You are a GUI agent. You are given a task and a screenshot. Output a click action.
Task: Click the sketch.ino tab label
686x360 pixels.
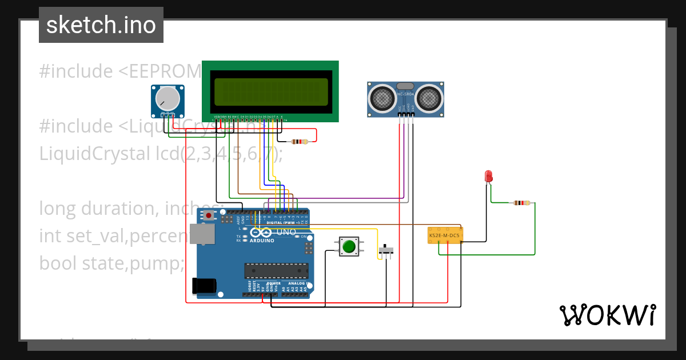click(x=101, y=25)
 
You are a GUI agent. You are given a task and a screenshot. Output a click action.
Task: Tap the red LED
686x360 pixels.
click(x=488, y=176)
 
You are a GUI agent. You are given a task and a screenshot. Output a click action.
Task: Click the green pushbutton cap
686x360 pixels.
click(x=348, y=246)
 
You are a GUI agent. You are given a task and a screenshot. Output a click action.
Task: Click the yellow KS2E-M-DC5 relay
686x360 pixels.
click(x=445, y=235)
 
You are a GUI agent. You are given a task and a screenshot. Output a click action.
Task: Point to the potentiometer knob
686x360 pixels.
click(x=167, y=98)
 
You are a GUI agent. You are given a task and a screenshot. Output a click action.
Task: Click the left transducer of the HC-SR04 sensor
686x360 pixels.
click(x=381, y=98)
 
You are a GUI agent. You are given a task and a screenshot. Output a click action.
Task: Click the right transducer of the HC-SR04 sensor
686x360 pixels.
click(x=428, y=98)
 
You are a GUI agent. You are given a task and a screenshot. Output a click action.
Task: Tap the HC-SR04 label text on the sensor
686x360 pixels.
click(x=405, y=94)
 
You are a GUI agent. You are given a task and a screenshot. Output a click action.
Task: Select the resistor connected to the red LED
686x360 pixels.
click(x=521, y=202)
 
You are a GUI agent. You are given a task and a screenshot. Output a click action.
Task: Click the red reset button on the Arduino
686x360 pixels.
click(x=209, y=215)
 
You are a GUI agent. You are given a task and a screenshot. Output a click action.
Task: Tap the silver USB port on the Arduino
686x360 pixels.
click(x=203, y=234)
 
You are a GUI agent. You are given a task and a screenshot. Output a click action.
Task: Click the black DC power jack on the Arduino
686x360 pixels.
click(x=205, y=285)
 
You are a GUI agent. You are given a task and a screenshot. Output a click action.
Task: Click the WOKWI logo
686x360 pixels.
click(x=607, y=315)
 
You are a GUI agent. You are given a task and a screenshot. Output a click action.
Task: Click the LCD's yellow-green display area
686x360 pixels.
click(x=272, y=92)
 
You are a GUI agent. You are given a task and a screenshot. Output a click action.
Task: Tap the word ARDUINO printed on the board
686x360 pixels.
click(x=262, y=241)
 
